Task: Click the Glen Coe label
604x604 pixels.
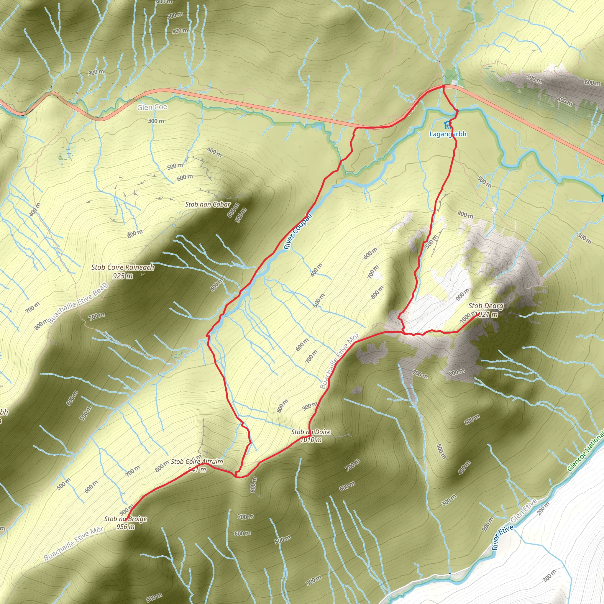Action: pyautogui.click(x=152, y=107)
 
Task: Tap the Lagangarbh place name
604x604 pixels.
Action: pyautogui.click(x=448, y=134)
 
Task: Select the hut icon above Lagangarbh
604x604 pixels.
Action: pyautogui.click(x=448, y=125)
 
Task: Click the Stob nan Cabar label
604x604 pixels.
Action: pyautogui.click(x=208, y=204)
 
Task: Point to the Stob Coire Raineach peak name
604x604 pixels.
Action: pyautogui.click(x=123, y=267)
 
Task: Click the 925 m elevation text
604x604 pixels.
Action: pyautogui.click(x=123, y=276)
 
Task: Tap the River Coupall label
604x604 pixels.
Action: pyautogui.click(x=298, y=231)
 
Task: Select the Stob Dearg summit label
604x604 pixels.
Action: pyautogui.click(x=486, y=306)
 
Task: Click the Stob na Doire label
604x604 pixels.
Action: pyautogui.click(x=311, y=432)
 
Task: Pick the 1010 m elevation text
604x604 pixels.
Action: pyautogui.click(x=311, y=440)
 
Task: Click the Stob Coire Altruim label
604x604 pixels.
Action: pyautogui.click(x=197, y=462)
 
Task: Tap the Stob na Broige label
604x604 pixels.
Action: pyautogui.click(x=125, y=519)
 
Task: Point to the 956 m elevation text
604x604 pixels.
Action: pyautogui.click(x=125, y=527)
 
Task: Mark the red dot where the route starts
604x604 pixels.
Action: pyautogui.click(x=443, y=86)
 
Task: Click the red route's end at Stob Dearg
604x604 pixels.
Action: pyautogui.click(x=478, y=314)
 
